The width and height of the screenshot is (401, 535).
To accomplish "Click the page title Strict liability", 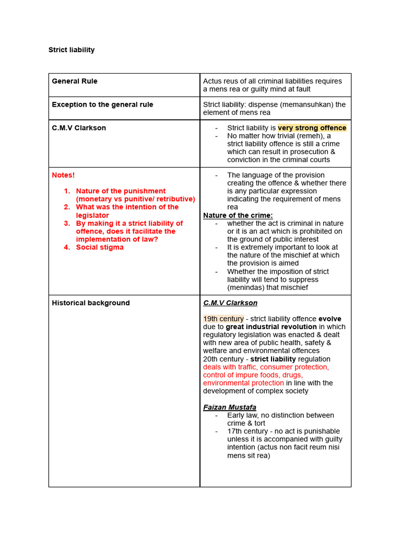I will (x=72, y=50).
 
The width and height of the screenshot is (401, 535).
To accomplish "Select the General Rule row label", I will (x=75, y=81).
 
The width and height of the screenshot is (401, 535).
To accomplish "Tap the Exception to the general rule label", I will (x=102, y=104).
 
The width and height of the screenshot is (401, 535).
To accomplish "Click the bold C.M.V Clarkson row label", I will (x=79, y=128).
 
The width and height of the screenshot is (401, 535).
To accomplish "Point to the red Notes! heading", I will (x=63, y=175).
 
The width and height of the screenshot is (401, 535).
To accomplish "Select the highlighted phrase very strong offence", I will (x=312, y=128).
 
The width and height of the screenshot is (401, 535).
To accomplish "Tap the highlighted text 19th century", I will (x=223, y=319).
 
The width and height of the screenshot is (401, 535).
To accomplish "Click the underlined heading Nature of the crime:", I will (x=238, y=215).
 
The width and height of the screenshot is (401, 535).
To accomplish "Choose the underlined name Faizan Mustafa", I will (x=230, y=407).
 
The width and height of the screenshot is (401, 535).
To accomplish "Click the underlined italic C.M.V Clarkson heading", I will (x=230, y=303).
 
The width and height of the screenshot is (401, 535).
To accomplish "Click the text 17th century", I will (x=249, y=432).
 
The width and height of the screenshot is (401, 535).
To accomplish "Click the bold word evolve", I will (x=330, y=319).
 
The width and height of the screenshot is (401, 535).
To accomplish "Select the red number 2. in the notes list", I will (x=67, y=207).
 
